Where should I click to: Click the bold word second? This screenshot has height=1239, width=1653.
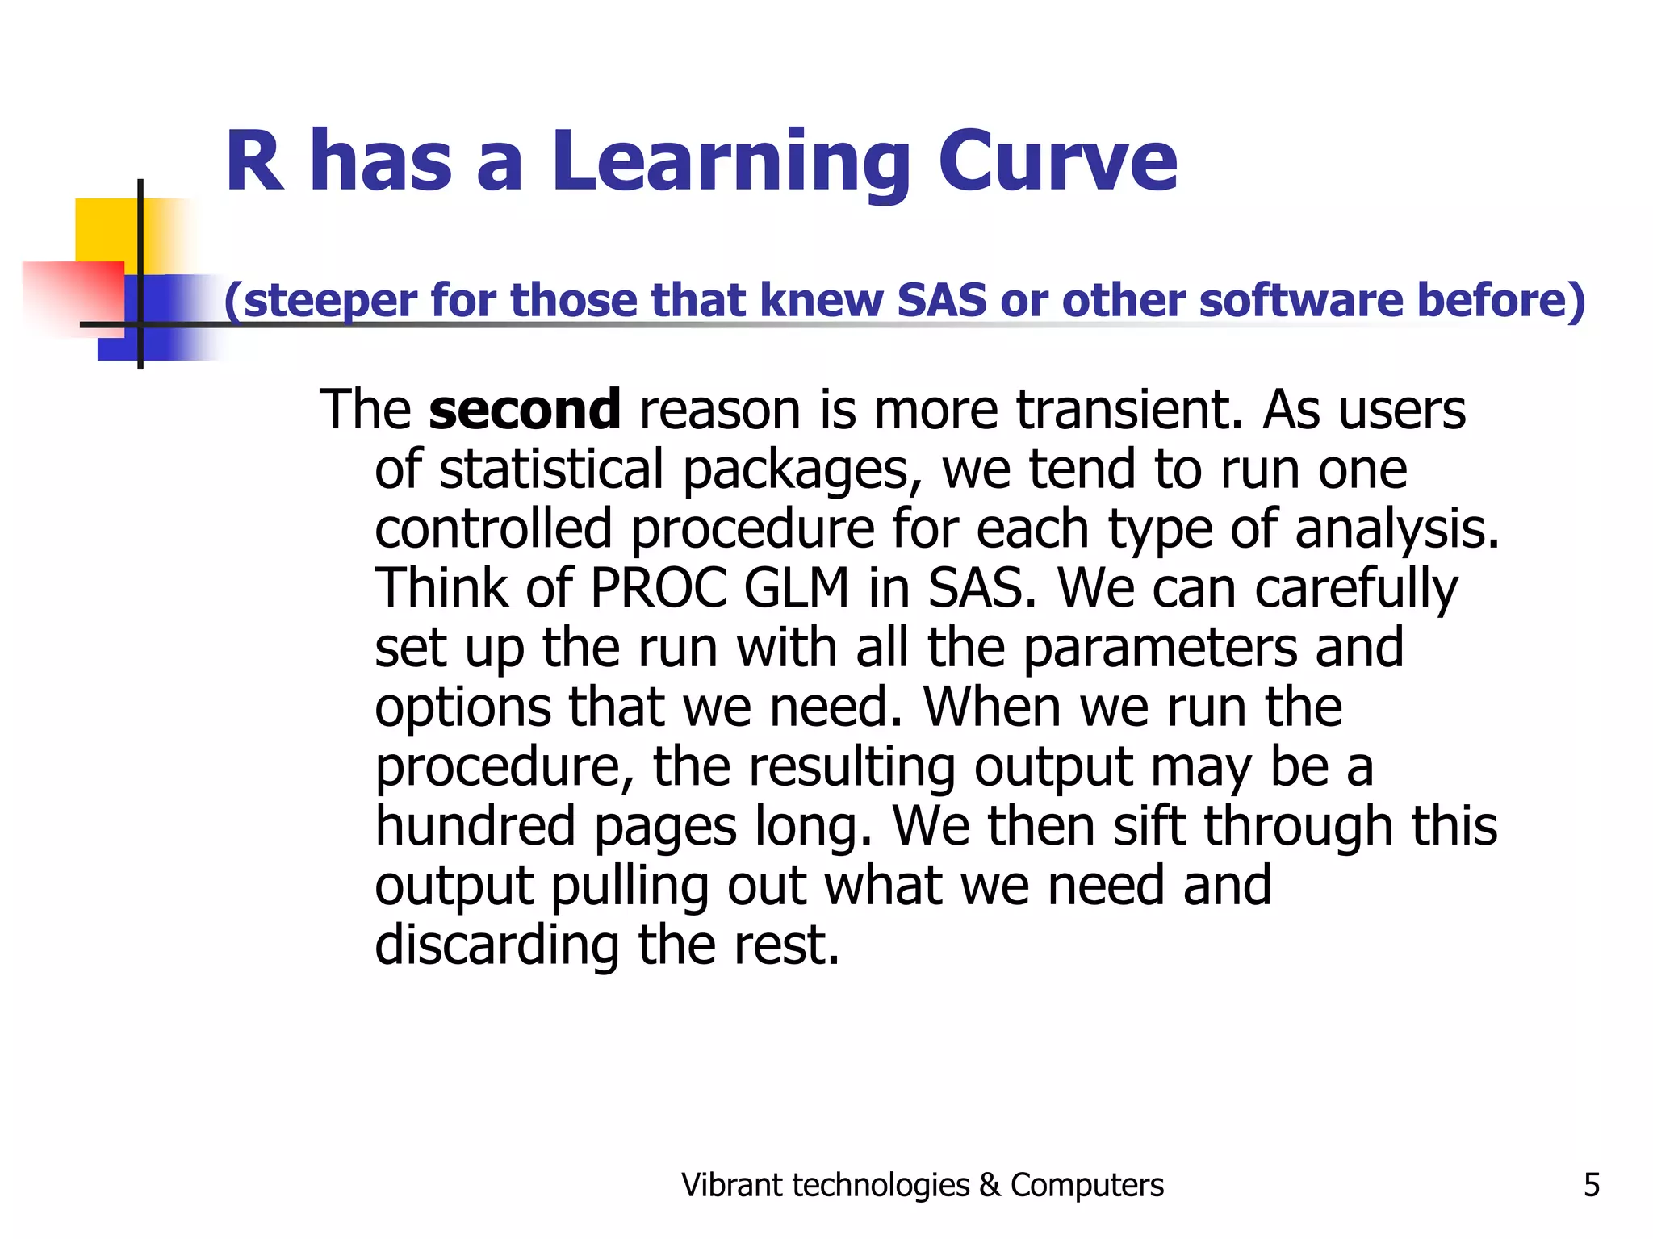(x=525, y=410)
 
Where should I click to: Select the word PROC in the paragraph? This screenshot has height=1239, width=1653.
(x=659, y=587)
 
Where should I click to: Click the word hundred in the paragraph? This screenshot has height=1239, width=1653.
(x=475, y=826)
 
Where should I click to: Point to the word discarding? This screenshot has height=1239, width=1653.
(x=497, y=945)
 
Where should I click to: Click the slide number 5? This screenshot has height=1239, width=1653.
(x=1591, y=1185)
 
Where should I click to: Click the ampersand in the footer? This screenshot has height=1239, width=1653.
(x=989, y=1185)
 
